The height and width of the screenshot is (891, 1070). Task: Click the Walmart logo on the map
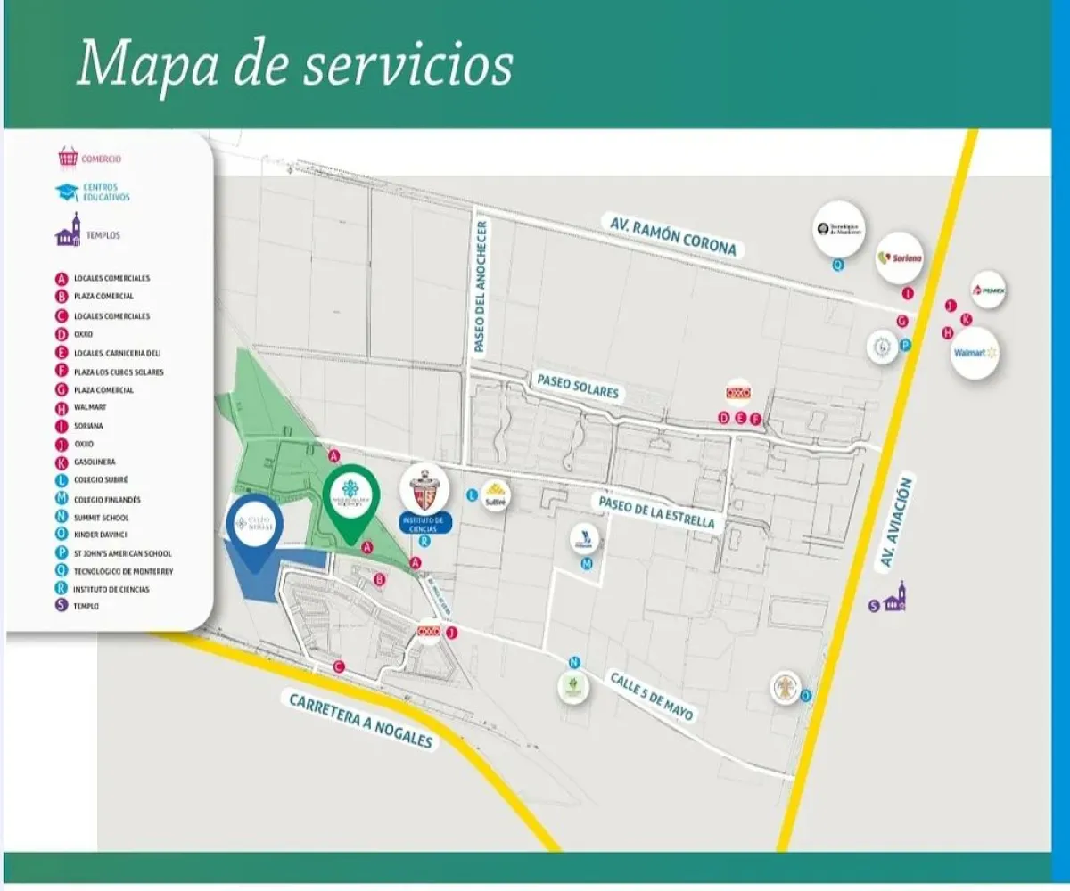974,353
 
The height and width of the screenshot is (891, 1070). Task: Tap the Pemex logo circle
989,290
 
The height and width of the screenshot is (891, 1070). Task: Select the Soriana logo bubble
900,258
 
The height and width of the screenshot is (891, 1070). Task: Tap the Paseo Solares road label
577,386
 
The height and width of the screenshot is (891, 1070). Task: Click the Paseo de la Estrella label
658,511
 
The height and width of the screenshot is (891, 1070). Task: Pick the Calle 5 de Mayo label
651,696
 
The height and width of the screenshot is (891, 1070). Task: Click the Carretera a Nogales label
361,720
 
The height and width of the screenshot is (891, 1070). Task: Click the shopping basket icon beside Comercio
68,159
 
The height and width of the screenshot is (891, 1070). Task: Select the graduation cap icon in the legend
67,192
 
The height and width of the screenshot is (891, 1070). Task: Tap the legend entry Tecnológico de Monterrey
123,571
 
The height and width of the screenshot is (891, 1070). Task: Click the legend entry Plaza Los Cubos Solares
119,372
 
